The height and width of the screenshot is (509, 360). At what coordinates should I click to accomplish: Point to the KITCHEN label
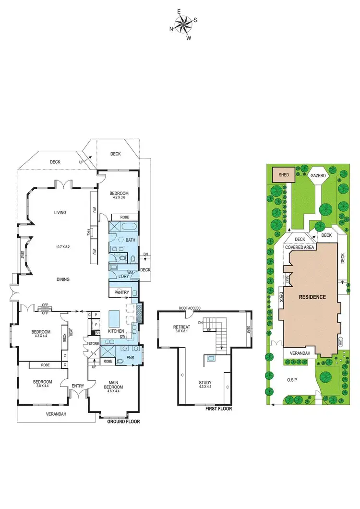pos(116,331)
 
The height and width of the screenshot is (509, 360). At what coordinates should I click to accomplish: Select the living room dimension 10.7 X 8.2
pos(63,247)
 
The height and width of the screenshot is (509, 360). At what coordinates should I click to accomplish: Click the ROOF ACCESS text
pos(190,308)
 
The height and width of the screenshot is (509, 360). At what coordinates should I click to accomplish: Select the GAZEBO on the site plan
pos(318,176)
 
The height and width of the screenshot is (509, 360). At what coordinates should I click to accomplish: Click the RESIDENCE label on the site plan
pos(312,297)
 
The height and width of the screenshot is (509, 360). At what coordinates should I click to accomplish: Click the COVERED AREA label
pos(300,247)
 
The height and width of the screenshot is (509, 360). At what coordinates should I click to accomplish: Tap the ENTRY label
pos(78,386)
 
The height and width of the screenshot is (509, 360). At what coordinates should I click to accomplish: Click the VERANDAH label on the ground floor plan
pos(56,414)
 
